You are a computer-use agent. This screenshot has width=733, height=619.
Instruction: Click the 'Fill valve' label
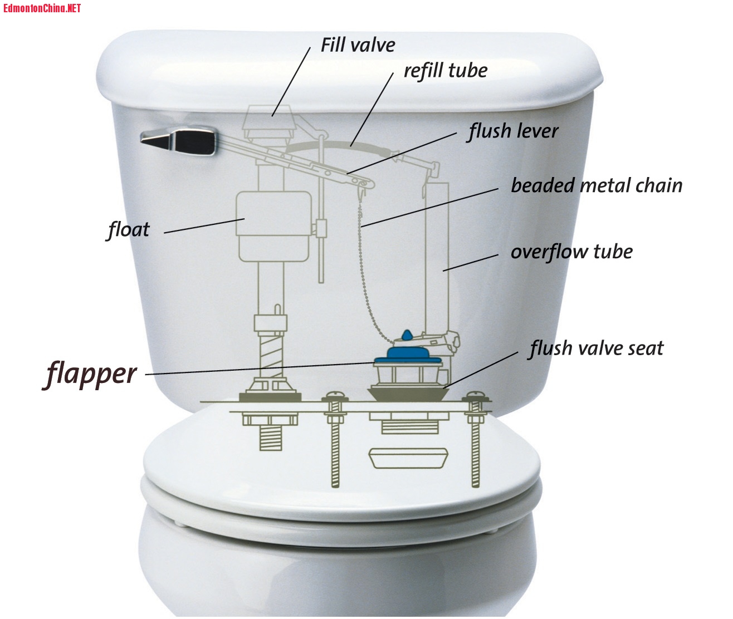[358, 45]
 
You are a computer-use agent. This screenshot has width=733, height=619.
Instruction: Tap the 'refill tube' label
[446, 71]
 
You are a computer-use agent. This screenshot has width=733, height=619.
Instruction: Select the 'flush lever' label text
[512, 131]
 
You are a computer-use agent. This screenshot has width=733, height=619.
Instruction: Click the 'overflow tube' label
[571, 252]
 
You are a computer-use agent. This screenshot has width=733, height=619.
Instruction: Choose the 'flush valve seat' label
[596, 348]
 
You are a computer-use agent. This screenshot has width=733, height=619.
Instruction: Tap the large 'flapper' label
[90, 375]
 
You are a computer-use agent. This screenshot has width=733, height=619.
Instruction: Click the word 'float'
[129, 230]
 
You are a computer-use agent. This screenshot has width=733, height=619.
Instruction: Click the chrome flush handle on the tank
[179, 140]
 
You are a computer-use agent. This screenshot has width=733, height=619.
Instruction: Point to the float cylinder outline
[273, 227]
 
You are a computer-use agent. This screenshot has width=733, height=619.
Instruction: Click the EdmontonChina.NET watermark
[42, 8]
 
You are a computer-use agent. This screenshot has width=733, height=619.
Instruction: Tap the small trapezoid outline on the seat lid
[408, 458]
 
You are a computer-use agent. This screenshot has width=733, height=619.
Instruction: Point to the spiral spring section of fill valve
[271, 355]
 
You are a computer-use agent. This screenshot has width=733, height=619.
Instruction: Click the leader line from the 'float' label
[204, 225]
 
